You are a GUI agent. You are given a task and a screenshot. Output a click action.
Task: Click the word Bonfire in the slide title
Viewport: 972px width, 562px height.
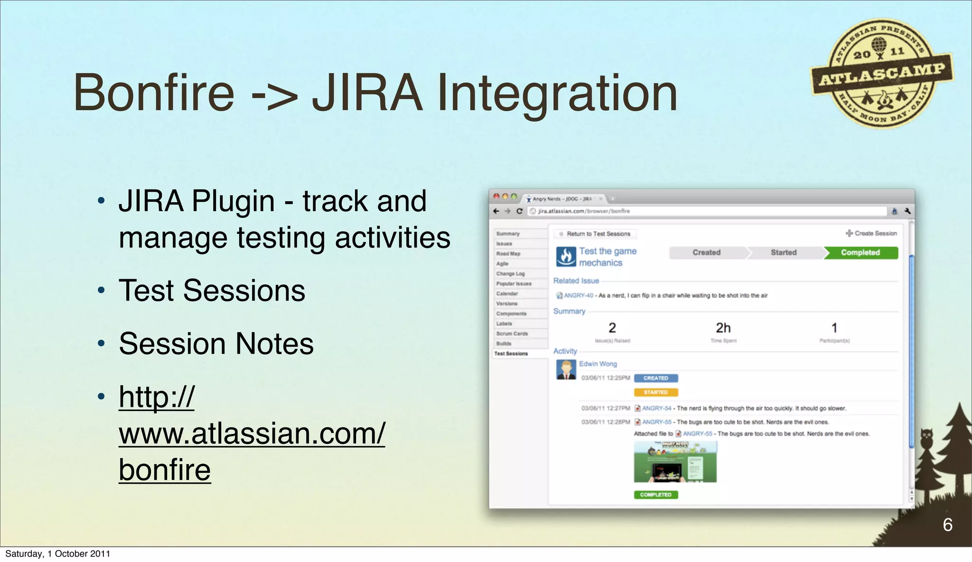pyautogui.click(x=154, y=93)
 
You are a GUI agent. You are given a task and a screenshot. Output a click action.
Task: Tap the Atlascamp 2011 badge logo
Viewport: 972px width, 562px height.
pyautogui.click(x=882, y=74)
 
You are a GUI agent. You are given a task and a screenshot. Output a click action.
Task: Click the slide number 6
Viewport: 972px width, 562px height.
pyautogui.click(x=947, y=525)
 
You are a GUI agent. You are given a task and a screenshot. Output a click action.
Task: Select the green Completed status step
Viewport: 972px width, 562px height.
pyautogui.click(x=860, y=253)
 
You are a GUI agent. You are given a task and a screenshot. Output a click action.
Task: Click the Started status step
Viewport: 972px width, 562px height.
pyautogui.click(x=783, y=253)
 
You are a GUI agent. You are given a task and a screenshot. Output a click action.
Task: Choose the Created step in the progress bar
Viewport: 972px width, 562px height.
pyautogui.click(x=706, y=253)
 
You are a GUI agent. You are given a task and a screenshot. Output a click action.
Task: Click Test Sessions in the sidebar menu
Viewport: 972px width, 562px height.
pyautogui.click(x=511, y=354)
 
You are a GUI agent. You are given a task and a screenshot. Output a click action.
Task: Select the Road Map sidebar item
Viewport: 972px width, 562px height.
pyautogui.click(x=508, y=253)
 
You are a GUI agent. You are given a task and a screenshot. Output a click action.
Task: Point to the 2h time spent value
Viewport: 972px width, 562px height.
pyautogui.click(x=723, y=328)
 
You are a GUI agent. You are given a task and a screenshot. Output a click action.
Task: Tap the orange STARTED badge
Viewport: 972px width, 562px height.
pyautogui.click(x=655, y=393)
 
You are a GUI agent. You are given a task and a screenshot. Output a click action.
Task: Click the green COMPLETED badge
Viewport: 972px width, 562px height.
pyautogui.click(x=655, y=495)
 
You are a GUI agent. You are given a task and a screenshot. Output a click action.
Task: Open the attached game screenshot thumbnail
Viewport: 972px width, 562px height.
pyautogui.click(x=675, y=462)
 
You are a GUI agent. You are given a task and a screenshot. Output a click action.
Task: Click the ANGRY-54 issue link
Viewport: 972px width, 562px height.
pyautogui.click(x=656, y=408)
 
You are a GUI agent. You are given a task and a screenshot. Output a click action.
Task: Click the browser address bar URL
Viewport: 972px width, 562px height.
pyautogui.click(x=584, y=211)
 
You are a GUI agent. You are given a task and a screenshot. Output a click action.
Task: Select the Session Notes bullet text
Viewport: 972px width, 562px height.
pyautogui.click(x=216, y=344)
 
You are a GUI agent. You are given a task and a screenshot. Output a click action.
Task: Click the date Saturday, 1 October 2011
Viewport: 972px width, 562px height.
pyautogui.click(x=57, y=554)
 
